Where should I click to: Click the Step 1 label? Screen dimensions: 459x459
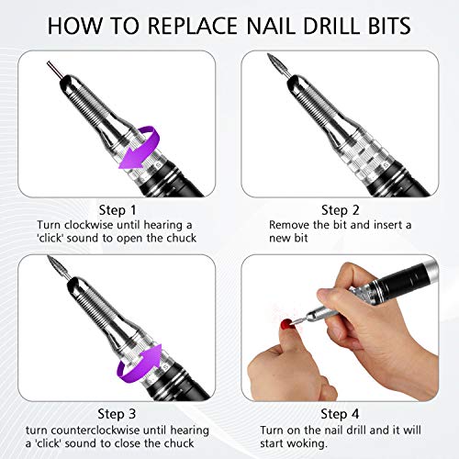pos(114,208)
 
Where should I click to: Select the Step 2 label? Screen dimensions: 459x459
pos(342,208)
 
